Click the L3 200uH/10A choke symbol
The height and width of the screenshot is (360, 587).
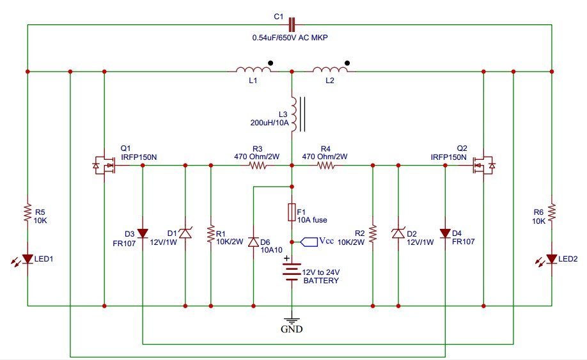click(x=294, y=114)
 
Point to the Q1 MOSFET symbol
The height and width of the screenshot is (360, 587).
click(x=103, y=166)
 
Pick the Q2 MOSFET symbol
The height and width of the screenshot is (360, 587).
click(x=483, y=166)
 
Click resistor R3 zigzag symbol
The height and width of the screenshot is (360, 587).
click(x=258, y=166)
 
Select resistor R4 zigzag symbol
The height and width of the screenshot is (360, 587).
click(x=325, y=166)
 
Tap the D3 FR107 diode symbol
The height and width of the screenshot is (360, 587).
click(x=142, y=233)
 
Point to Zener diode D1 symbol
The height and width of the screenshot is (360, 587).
click(x=185, y=234)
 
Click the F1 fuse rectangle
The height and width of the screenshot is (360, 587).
click(x=292, y=212)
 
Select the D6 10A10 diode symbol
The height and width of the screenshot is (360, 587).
click(x=254, y=242)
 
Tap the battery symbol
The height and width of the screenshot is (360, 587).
click(x=292, y=274)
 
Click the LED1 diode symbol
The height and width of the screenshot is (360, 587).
click(x=27, y=259)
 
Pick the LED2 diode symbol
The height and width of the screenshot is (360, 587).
click(x=551, y=259)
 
